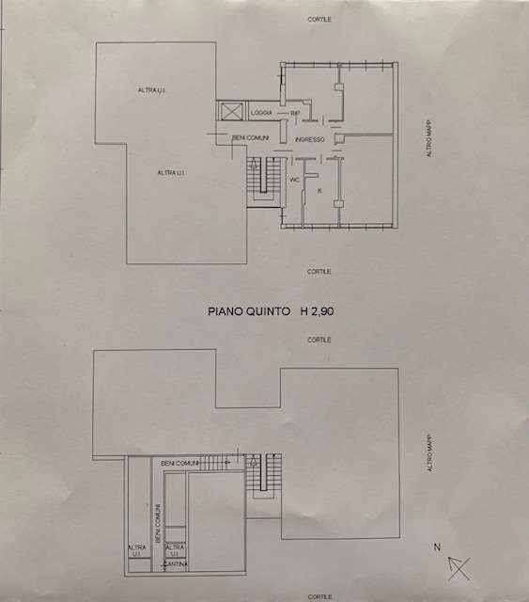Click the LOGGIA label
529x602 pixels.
pos(261,113)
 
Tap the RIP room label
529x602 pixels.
pos(295,113)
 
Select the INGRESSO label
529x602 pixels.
pos(309,140)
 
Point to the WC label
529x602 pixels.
pos(294,180)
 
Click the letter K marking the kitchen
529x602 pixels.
pos(319,191)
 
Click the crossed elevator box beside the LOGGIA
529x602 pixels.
pos(231,112)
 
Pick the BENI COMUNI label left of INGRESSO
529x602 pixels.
pos(251,138)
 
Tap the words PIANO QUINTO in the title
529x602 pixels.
pos(249,311)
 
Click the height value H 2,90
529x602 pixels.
pos(317,311)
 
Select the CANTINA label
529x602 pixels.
pos(176,564)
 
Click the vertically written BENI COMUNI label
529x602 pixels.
pos(158,523)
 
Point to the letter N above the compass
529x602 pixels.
pos(437,547)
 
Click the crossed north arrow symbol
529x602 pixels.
pos(459,568)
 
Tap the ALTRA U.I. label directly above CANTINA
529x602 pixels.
pos(175,550)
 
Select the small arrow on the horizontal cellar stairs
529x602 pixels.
pos(227,462)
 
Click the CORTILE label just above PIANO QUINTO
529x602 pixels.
pos(319,272)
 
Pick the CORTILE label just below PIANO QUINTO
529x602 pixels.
pos(319,340)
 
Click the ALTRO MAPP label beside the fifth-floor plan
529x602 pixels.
pos(428,138)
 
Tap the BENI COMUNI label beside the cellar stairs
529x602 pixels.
pos(179,464)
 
